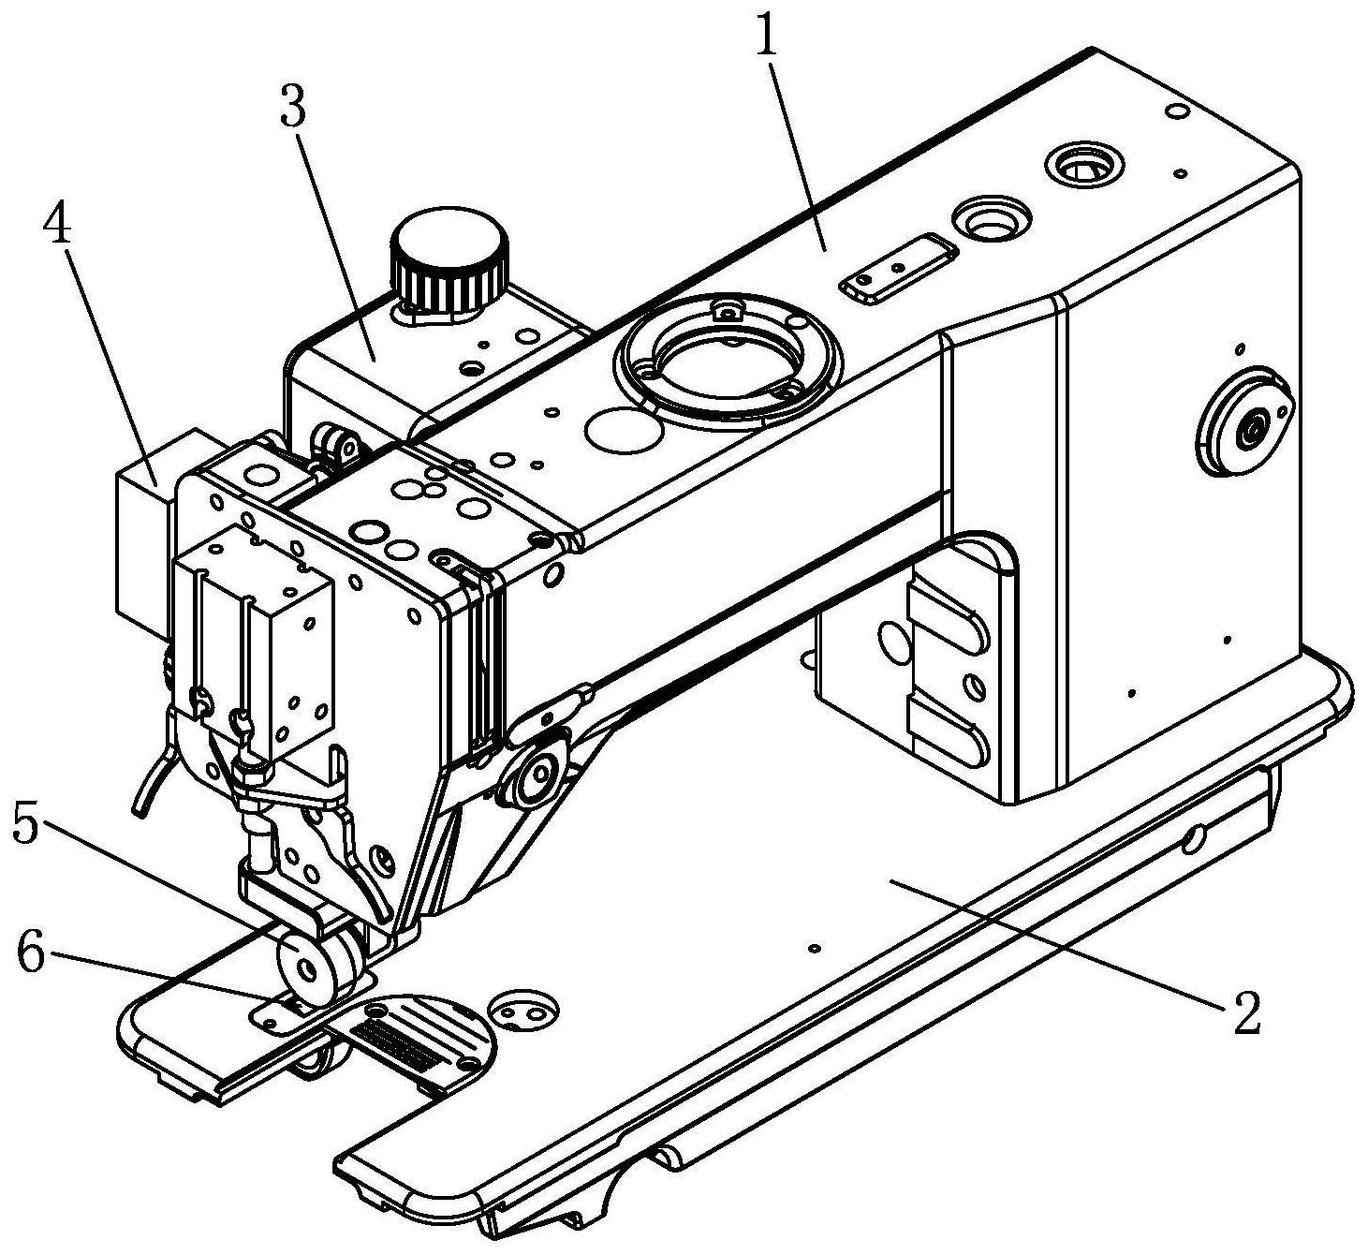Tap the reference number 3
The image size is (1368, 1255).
click(292, 110)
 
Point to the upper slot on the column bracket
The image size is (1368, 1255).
click(946, 615)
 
